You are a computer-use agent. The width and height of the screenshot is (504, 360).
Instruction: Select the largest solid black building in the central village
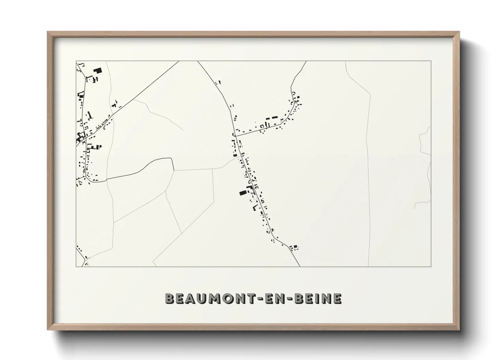pyautogui.click(x=242, y=193)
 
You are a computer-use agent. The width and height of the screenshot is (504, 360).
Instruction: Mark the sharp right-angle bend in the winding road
pyautogui.click(x=172, y=160)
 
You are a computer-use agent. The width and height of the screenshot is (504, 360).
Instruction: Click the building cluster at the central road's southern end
pyautogui.click(x=294, y=247)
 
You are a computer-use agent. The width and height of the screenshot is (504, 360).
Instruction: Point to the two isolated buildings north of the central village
pyautogui.click(x=218, y=82)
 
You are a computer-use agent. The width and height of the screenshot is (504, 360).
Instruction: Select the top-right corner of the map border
pyautogui.click(x=431, y=61)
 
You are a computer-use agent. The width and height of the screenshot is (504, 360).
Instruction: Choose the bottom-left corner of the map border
pyautogui.click(x=76, y=266)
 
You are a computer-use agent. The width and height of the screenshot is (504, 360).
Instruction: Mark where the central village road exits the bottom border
pyautogui.click(x=300, y=266)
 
